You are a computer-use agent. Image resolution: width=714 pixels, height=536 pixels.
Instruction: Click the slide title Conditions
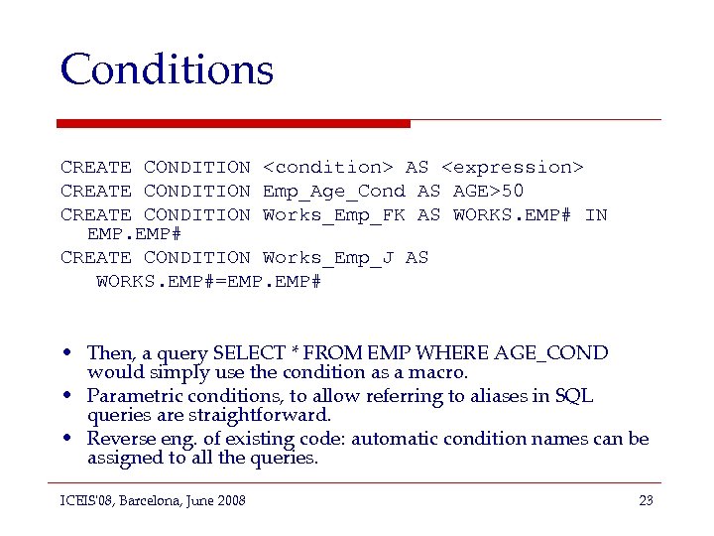pos(167,69)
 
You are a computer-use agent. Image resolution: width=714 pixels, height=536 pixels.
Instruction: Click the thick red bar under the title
pos(233,123)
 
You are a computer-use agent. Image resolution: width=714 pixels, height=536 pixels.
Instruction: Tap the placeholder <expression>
pos(513,168)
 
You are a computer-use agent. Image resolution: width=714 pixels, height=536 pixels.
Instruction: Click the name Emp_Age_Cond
pos(334,191)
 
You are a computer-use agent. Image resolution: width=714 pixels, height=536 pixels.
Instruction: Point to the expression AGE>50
pos(489,191)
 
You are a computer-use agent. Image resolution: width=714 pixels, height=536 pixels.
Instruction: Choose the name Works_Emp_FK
pos(334,214)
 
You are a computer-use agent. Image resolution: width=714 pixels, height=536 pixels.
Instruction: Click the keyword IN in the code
pos(596,214)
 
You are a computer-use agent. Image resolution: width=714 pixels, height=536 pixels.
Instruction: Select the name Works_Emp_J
pos(328,258)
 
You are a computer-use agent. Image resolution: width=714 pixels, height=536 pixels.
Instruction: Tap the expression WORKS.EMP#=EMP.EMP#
pos(208,281)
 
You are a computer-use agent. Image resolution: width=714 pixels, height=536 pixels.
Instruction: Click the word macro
pos(444,372)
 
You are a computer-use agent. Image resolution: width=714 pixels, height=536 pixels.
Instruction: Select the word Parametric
pos(132,396)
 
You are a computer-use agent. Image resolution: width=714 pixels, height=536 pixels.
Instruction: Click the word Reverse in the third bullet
pos(117,439)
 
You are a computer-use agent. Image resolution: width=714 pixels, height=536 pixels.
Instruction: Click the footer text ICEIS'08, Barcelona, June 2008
pos(153,500)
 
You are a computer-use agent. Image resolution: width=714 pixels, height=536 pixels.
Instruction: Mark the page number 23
pos(646,500)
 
